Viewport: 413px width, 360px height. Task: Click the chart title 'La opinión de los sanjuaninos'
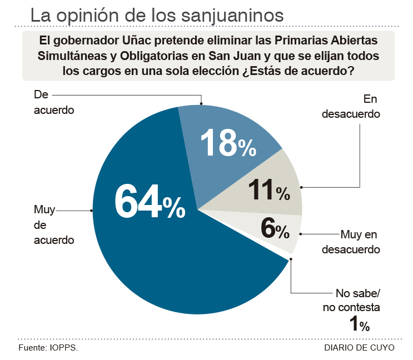tap(157, 15)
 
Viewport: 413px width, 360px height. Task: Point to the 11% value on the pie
tap(268, 191)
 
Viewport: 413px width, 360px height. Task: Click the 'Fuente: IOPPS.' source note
tap(48, 348)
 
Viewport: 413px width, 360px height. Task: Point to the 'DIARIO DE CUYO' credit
tap(359, 348)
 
